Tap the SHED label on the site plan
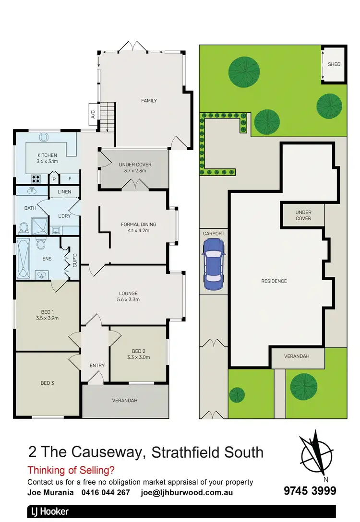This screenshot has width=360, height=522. point(334,64)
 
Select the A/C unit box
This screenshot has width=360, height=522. point(93,114)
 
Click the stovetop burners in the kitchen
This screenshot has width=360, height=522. point(36,179)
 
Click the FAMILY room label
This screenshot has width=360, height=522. point(149,101)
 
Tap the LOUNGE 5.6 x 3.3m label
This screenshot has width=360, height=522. point(128,297)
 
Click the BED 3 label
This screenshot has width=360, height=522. point(47,383)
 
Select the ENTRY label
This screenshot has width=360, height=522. point(97,366)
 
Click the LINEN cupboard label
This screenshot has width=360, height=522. point(64,192)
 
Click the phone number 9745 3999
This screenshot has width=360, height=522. point(310,491)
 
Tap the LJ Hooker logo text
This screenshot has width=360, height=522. point(48,511)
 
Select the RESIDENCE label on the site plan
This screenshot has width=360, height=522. point(274,281)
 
